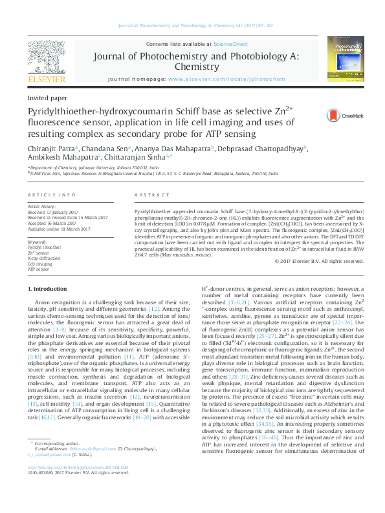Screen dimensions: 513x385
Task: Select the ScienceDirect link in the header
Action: (231, 44)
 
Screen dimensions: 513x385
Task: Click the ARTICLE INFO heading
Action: (48, 194)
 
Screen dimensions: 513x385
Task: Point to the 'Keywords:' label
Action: (38, 242)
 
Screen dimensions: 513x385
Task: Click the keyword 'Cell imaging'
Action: (41, 263)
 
